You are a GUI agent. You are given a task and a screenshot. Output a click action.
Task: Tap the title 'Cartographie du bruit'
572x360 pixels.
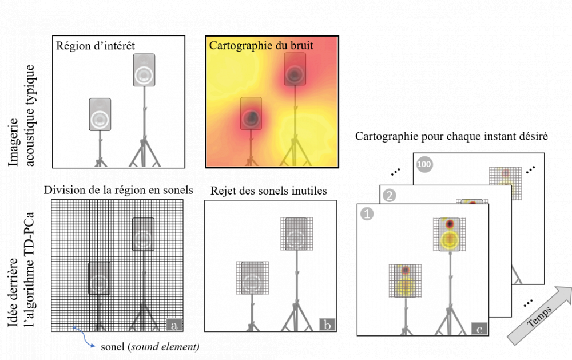pyautogui.click(x=261, y=45)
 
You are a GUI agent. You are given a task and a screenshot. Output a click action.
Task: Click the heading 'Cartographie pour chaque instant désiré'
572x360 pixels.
pyautogui.click(x=452, y=137)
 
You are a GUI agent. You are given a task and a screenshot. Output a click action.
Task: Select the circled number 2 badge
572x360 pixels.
pyautogui.click(x=390, y=195)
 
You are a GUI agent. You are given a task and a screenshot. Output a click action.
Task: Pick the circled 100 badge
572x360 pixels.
pyautogui.click(x=424, y=164)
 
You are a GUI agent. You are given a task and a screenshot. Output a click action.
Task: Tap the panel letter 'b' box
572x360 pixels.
pyautogui.click(x=327, y=325)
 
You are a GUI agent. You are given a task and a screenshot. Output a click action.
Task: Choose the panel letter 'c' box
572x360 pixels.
pyautogui.click(x=479, y=328)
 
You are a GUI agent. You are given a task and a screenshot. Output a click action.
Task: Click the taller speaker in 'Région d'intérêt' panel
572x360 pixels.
pyautogui.click(x=144, y=70)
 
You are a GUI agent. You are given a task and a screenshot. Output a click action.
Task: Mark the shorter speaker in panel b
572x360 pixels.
pyautogui.click(x=251, y=279)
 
